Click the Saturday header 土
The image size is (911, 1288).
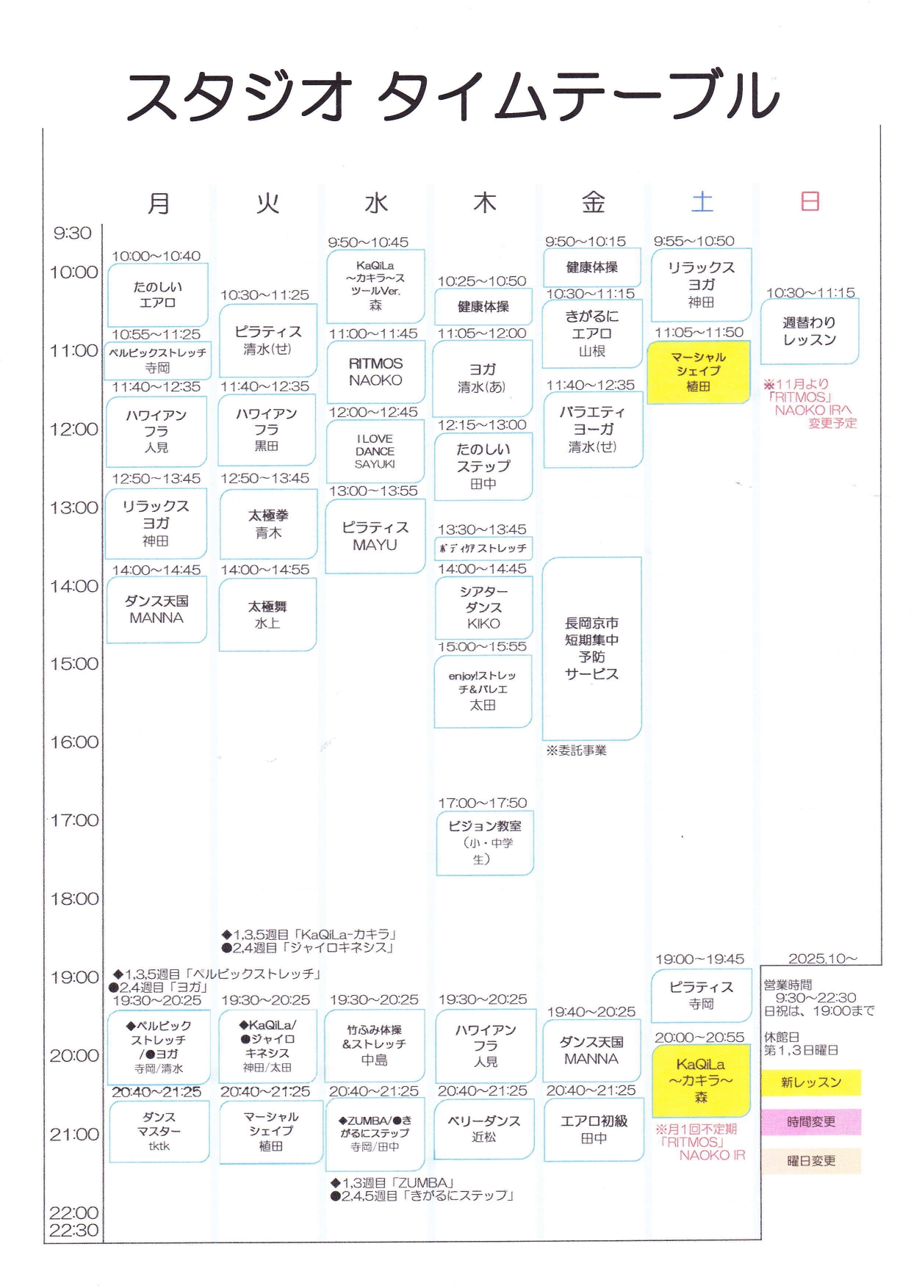tap(702, 202)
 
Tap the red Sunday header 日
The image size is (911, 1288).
tap(810, 201)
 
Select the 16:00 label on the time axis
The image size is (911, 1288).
tap(73, 742)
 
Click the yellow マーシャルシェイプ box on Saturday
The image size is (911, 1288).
tap(698, 372)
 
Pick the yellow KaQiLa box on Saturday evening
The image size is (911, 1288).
tap(701, 1080)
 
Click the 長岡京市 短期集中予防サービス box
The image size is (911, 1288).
tap(591, 649)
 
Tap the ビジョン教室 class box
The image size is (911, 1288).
tap(484, 843)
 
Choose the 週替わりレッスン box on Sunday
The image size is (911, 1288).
tap(809, 331)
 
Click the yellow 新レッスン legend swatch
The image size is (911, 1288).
tap(811, 1082)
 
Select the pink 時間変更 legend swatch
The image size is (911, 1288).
tap(811, 1122)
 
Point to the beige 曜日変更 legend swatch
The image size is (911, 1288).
tap(811, 1161)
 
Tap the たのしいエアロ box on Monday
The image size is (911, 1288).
tap(157, 294)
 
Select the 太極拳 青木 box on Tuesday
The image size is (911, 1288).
tap(268, 524)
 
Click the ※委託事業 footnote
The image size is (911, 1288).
tap(577, 750)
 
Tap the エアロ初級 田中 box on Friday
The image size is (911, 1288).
tap(594, 1129)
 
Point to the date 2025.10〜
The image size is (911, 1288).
tap(823, 959)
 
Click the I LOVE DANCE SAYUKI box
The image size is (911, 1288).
tap(375, 451)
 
